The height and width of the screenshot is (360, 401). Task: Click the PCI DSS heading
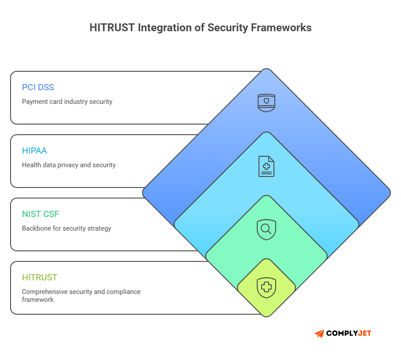[x=38, y=87]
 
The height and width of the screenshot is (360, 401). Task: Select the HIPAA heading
[x=34, y=151]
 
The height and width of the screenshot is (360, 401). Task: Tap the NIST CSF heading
[x=40, y=214]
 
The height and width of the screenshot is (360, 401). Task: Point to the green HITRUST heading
[x=40, y=277]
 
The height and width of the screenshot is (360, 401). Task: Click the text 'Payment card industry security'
[x=67, y=102]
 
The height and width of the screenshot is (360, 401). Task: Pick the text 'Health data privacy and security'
[x=69, y=165]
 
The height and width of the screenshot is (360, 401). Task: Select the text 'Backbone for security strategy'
[x=66, y=228]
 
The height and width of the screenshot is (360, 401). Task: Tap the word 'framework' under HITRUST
[x=38, y=300]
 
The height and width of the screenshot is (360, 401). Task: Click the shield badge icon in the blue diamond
[x=266, y=103]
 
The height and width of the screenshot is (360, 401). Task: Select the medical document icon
[x=266, y=166]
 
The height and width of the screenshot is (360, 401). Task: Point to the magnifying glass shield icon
[x=266, y=229]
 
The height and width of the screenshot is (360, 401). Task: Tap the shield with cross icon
[x=266, y=288]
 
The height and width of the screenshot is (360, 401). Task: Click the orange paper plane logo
[x=319, y=334]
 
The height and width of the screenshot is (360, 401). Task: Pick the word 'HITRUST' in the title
[x=112, y=28]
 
